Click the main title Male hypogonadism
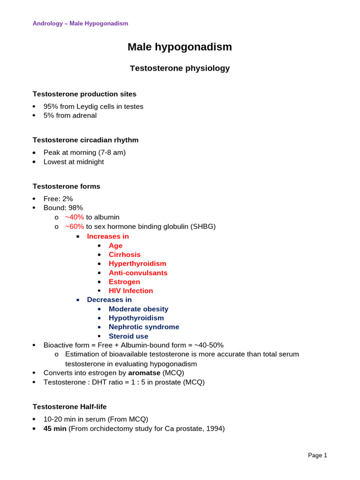(180, 47)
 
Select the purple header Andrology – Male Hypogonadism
(80, 23)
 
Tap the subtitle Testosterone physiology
(180, 68)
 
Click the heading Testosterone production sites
(84, 94)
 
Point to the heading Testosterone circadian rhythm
(85, 140)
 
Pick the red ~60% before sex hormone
(75, 227)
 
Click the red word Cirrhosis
(125, 255)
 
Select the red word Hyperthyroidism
(137, 264)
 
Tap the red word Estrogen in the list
(124, 282)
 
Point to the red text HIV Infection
(131, 291)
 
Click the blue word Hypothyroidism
(136, 318)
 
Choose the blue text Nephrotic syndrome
(144, 327)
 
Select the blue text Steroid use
(128, 336)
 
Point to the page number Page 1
(317, 456)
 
